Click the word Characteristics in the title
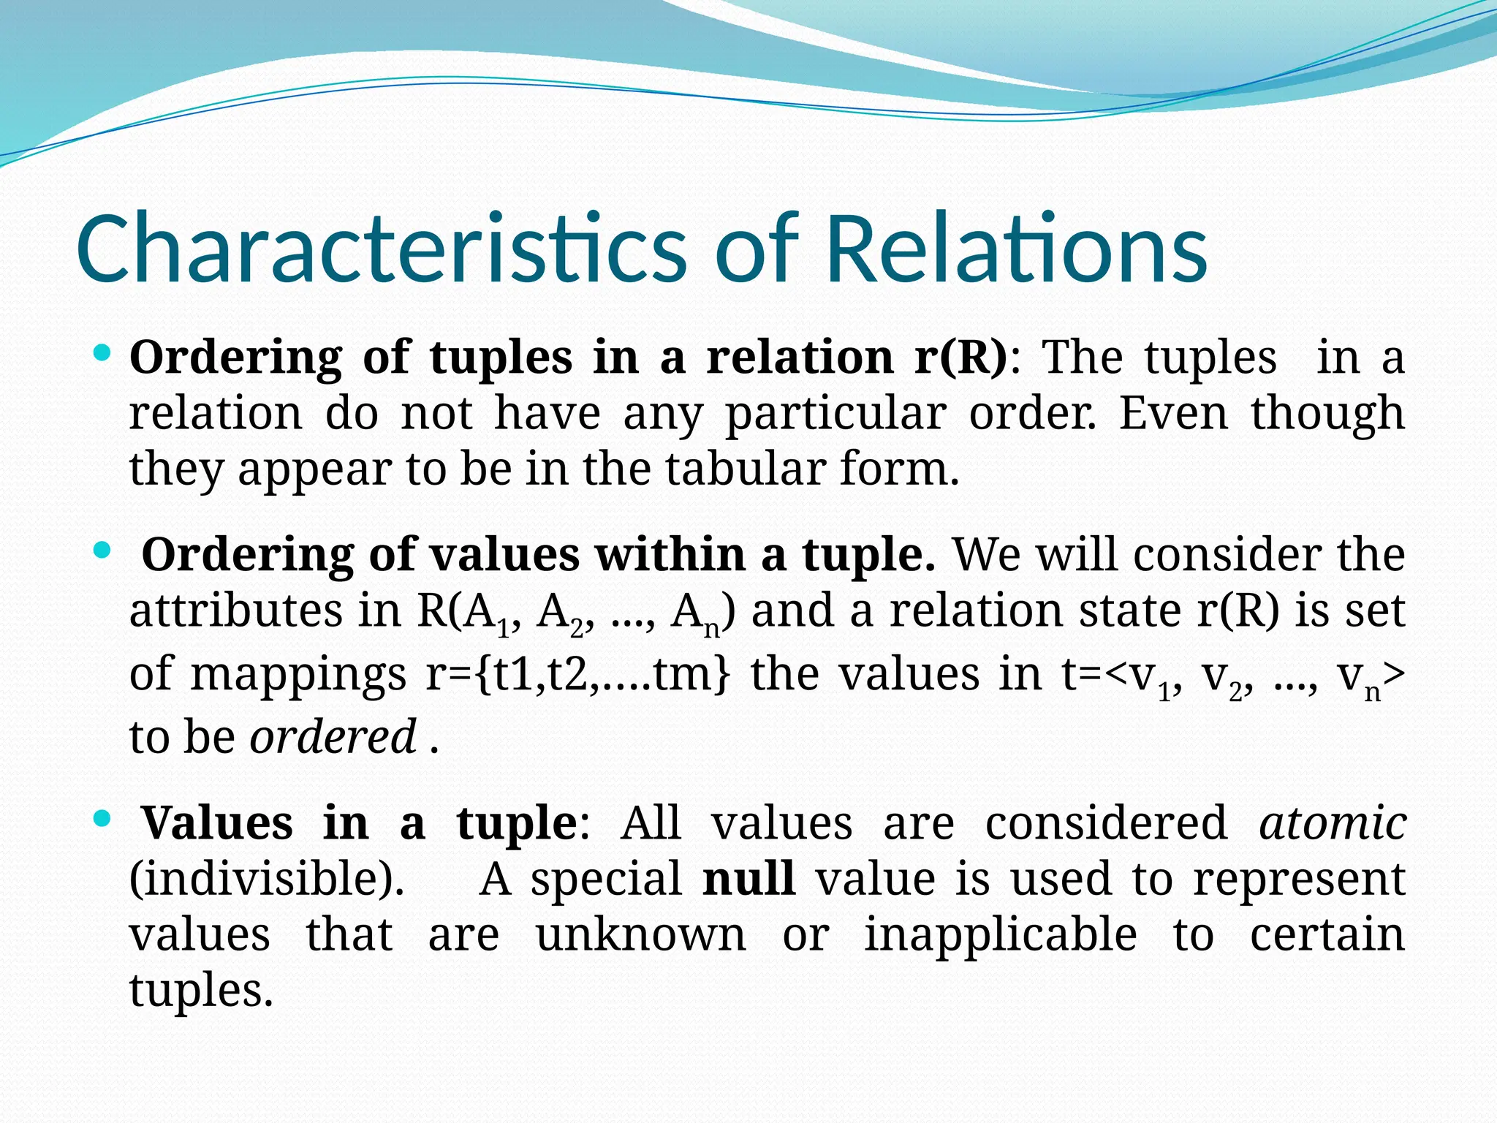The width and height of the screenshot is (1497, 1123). point(380,249)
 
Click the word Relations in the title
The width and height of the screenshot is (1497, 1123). point(1016,249)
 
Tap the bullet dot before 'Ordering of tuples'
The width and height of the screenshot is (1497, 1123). point(102,355)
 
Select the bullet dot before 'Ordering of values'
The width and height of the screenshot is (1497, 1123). point(102,550)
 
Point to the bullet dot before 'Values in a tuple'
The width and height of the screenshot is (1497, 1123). point(102,818)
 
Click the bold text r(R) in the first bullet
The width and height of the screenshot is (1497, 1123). point(961,358)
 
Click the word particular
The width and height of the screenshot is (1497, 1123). point(835,414)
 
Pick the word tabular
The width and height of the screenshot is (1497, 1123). point(746,469)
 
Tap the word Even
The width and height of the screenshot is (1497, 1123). point(1173,414)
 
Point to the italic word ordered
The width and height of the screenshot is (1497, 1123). point(333,737)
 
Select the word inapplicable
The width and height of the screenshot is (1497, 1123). point(1001,935)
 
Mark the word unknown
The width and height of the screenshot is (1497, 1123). point(641,935)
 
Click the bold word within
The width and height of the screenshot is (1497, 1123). point(670,555)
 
